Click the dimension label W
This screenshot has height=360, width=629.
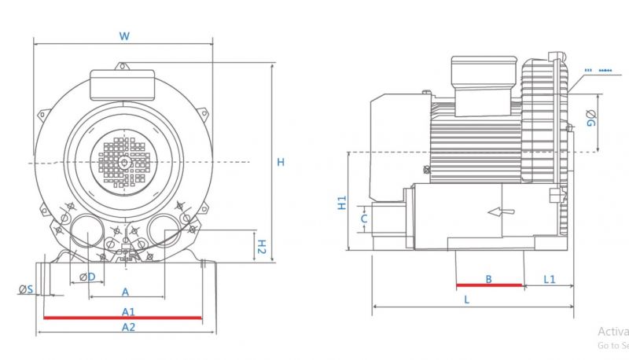click(x=123, y=35)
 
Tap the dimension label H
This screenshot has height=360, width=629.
click(x=281, y=162)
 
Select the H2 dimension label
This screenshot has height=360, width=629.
click(x=263, y=246)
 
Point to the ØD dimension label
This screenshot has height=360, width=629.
click(x=87, y=277)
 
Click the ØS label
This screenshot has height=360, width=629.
click(x=26, y=290)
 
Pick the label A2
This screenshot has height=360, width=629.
click(x=128, y=326)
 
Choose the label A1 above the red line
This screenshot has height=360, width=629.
click(x=128, y=311)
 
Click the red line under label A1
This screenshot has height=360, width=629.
click(x=123, y=318)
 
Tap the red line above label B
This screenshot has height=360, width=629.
click(x=489, y=285)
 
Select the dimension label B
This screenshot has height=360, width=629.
click(x=488, y=278)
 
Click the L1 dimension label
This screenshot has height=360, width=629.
click(x=549, y=279)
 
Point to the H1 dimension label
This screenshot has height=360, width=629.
click(x=343, y=204)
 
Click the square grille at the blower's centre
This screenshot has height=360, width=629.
click(x=123, y=160)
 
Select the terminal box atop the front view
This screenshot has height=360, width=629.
click(x=123, y=84)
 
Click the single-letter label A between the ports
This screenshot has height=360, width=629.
click(x=125, y=292)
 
